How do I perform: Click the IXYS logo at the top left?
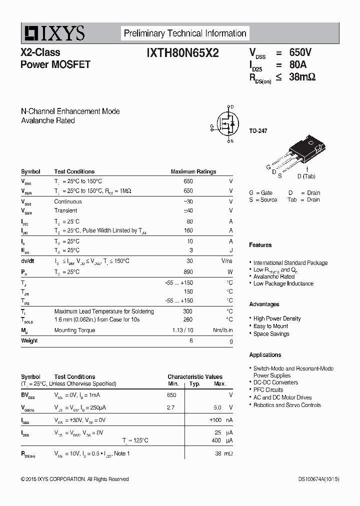click(x=53, y=33)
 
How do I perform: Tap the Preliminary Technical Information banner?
click(x=185, y=33)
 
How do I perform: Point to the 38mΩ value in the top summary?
click(x=302, y=77)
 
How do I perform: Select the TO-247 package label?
click(x=258, y=131)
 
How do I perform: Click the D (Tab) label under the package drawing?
click(x=306, y=176)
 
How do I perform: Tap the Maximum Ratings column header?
click(x=193, y=171)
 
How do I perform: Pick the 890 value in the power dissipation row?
click(x=188, y=272)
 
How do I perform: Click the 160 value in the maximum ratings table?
click(x=188, y=230)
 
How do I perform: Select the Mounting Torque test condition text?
click(x=74, y=330)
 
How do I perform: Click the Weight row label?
click(x=29, y=340)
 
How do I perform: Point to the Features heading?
click(x=260, y=245)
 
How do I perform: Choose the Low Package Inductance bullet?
click(x=283, y=283)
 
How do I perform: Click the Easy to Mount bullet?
click(x=270, y=326)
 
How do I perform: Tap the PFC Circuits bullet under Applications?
click(x=268, y=390)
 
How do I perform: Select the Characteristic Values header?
click(x=195, y=376)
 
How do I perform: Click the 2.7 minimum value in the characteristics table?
click(x=170, y=407)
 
